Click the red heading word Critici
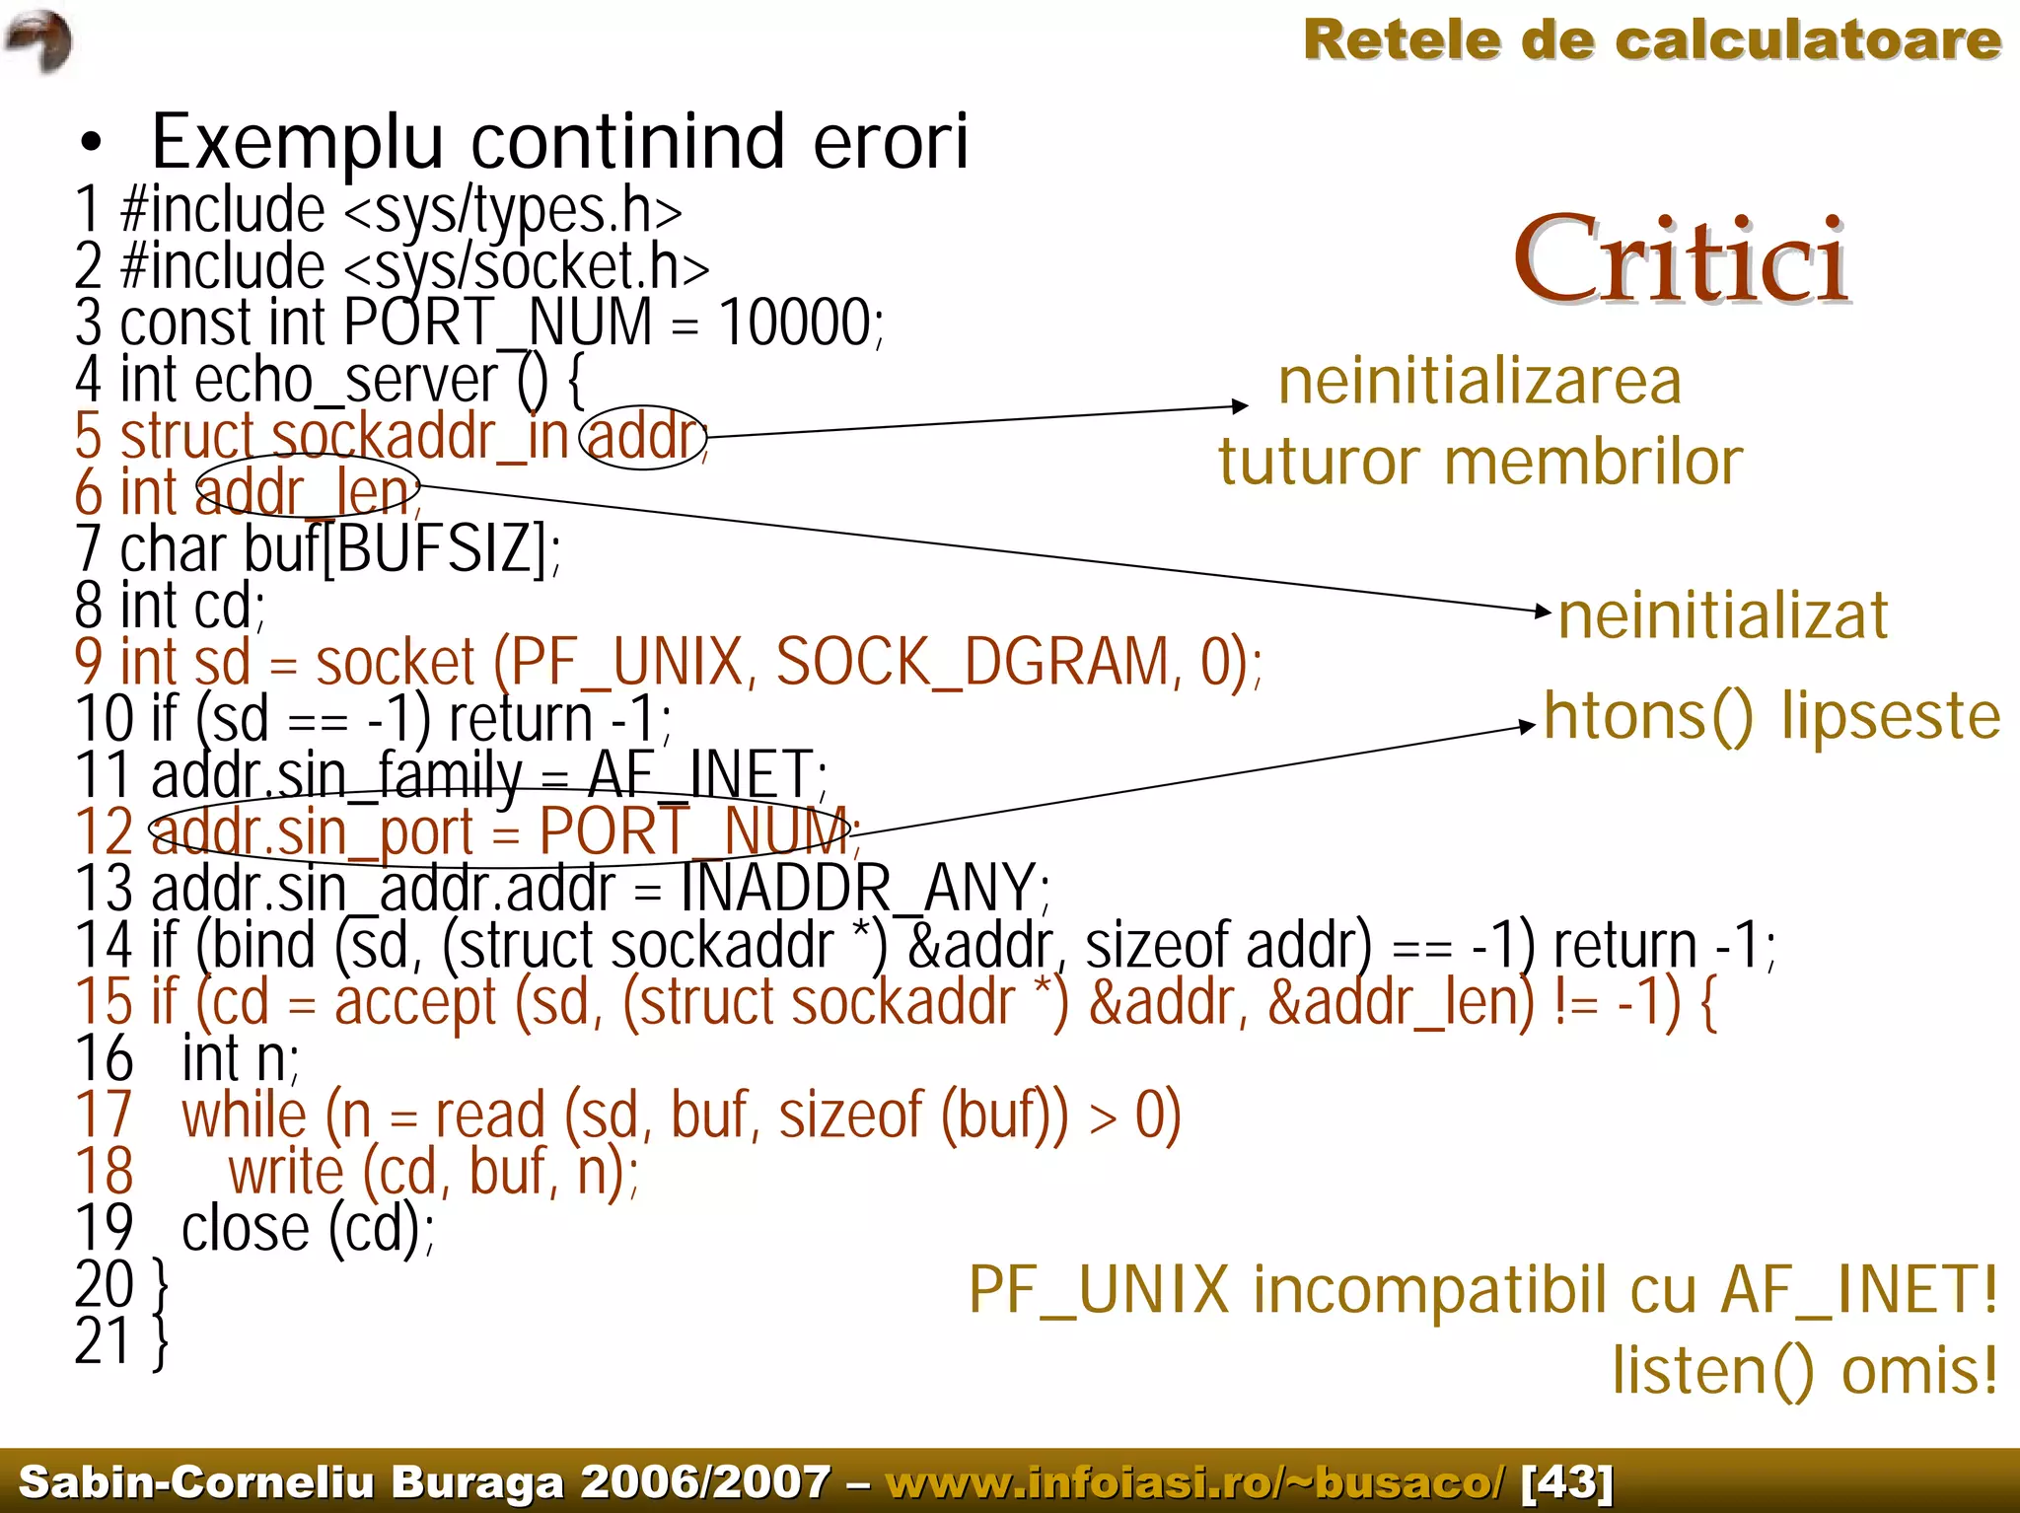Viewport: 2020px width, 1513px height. [1681, 259]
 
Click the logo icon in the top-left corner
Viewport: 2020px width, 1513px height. [39, 40]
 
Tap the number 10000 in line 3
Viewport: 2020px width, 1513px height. [795, 323]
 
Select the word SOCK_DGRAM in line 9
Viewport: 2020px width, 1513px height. [973, 662]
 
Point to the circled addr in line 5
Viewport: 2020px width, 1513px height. [643, 436]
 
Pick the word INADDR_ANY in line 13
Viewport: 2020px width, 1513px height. [858, 888]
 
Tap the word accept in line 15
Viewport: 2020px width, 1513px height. [415, 1002]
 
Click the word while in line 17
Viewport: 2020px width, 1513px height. [244, 1116]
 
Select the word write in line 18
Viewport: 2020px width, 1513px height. [286, 1173]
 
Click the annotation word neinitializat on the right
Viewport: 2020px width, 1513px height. [1722, 615]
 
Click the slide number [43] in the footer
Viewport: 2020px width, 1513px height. [1567, 1481]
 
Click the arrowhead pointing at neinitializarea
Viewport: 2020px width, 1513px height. [1240, 406]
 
